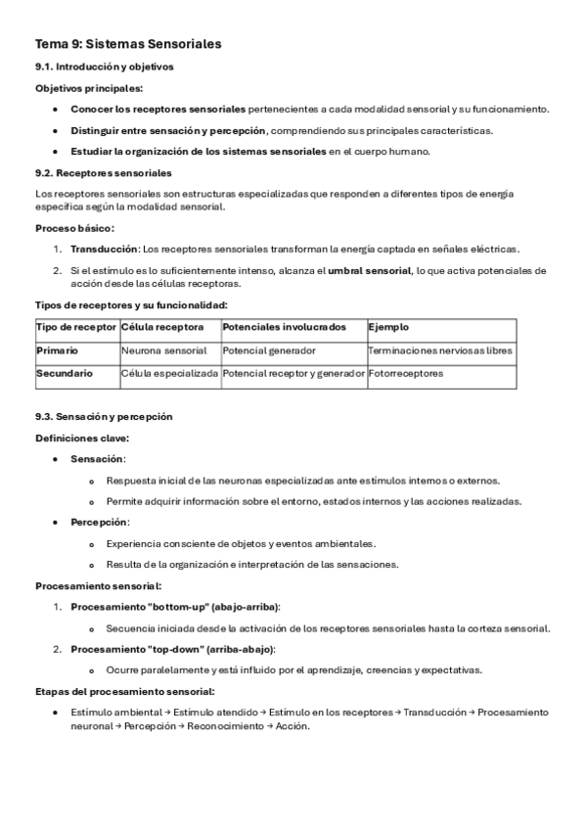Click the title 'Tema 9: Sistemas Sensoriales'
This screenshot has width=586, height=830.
(x=128, y=44)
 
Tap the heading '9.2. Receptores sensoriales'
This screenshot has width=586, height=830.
(x=103, y=172)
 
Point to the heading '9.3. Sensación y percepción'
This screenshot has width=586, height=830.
(x=104, y=416)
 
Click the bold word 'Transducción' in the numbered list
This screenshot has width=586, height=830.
(x=103, y=249)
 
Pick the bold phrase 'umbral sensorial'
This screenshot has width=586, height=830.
(x=370, y=270)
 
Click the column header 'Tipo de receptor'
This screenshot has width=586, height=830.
(x=76, y=327)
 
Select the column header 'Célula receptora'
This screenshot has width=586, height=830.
(x=163, y=327)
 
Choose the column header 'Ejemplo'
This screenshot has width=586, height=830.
(x=388, y=327)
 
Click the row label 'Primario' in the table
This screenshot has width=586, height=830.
(x=57, y=349)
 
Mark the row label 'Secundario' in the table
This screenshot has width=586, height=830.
(x=65, y=373)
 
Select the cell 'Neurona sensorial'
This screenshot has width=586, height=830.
(x=164, y=349)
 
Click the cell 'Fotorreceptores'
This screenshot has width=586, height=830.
(x=406, y=373)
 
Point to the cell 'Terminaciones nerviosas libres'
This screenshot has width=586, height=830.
(x=440, y=349)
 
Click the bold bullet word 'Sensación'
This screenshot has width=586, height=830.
(x=97, y=459)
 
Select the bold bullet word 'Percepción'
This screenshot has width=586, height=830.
(x=99, y=522)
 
